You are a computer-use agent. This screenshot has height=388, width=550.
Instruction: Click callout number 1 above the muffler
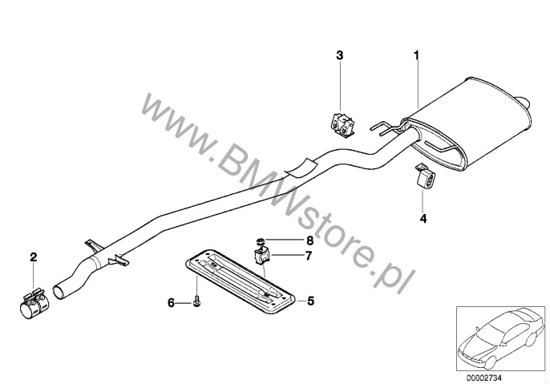417,55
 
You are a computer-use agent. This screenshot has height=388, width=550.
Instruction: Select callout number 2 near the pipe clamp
34,257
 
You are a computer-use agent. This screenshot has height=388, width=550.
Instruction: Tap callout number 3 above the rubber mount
340,55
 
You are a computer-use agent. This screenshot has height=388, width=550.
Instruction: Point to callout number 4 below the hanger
423,219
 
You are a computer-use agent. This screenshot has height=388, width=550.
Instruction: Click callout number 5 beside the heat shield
311,301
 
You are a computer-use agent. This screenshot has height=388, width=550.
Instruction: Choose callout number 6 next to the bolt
172,302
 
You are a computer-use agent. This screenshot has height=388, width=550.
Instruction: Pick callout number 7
309,256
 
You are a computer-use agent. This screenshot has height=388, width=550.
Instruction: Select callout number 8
309,240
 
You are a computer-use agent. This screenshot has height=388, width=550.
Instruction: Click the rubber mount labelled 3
342,124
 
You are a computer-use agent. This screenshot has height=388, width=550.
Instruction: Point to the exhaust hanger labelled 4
425,176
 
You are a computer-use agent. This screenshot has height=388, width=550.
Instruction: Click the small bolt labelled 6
196,301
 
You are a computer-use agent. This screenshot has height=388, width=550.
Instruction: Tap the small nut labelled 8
260,241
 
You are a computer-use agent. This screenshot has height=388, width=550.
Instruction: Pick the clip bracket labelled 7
261,256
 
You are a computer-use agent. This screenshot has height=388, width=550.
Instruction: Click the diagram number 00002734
484,378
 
